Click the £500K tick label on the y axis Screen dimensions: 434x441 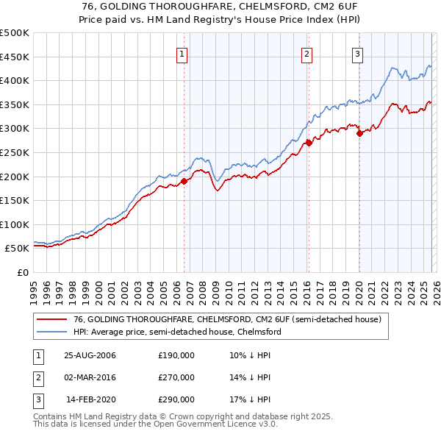(15, 33)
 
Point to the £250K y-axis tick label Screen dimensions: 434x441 (15, 153)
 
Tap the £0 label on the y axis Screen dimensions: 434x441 (23, 273)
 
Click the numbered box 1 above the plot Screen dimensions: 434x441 (182, 53)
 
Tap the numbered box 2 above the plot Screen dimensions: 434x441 (306, 53)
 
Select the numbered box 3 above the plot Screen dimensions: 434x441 (357, 53)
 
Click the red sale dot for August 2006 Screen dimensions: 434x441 (184, 181)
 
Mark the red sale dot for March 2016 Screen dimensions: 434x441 (308, 143)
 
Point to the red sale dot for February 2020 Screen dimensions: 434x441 (359, 133)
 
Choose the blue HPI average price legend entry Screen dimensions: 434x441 (177, 332)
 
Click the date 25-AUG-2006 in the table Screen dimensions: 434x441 (90, 355)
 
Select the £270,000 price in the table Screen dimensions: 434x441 (176, 377)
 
